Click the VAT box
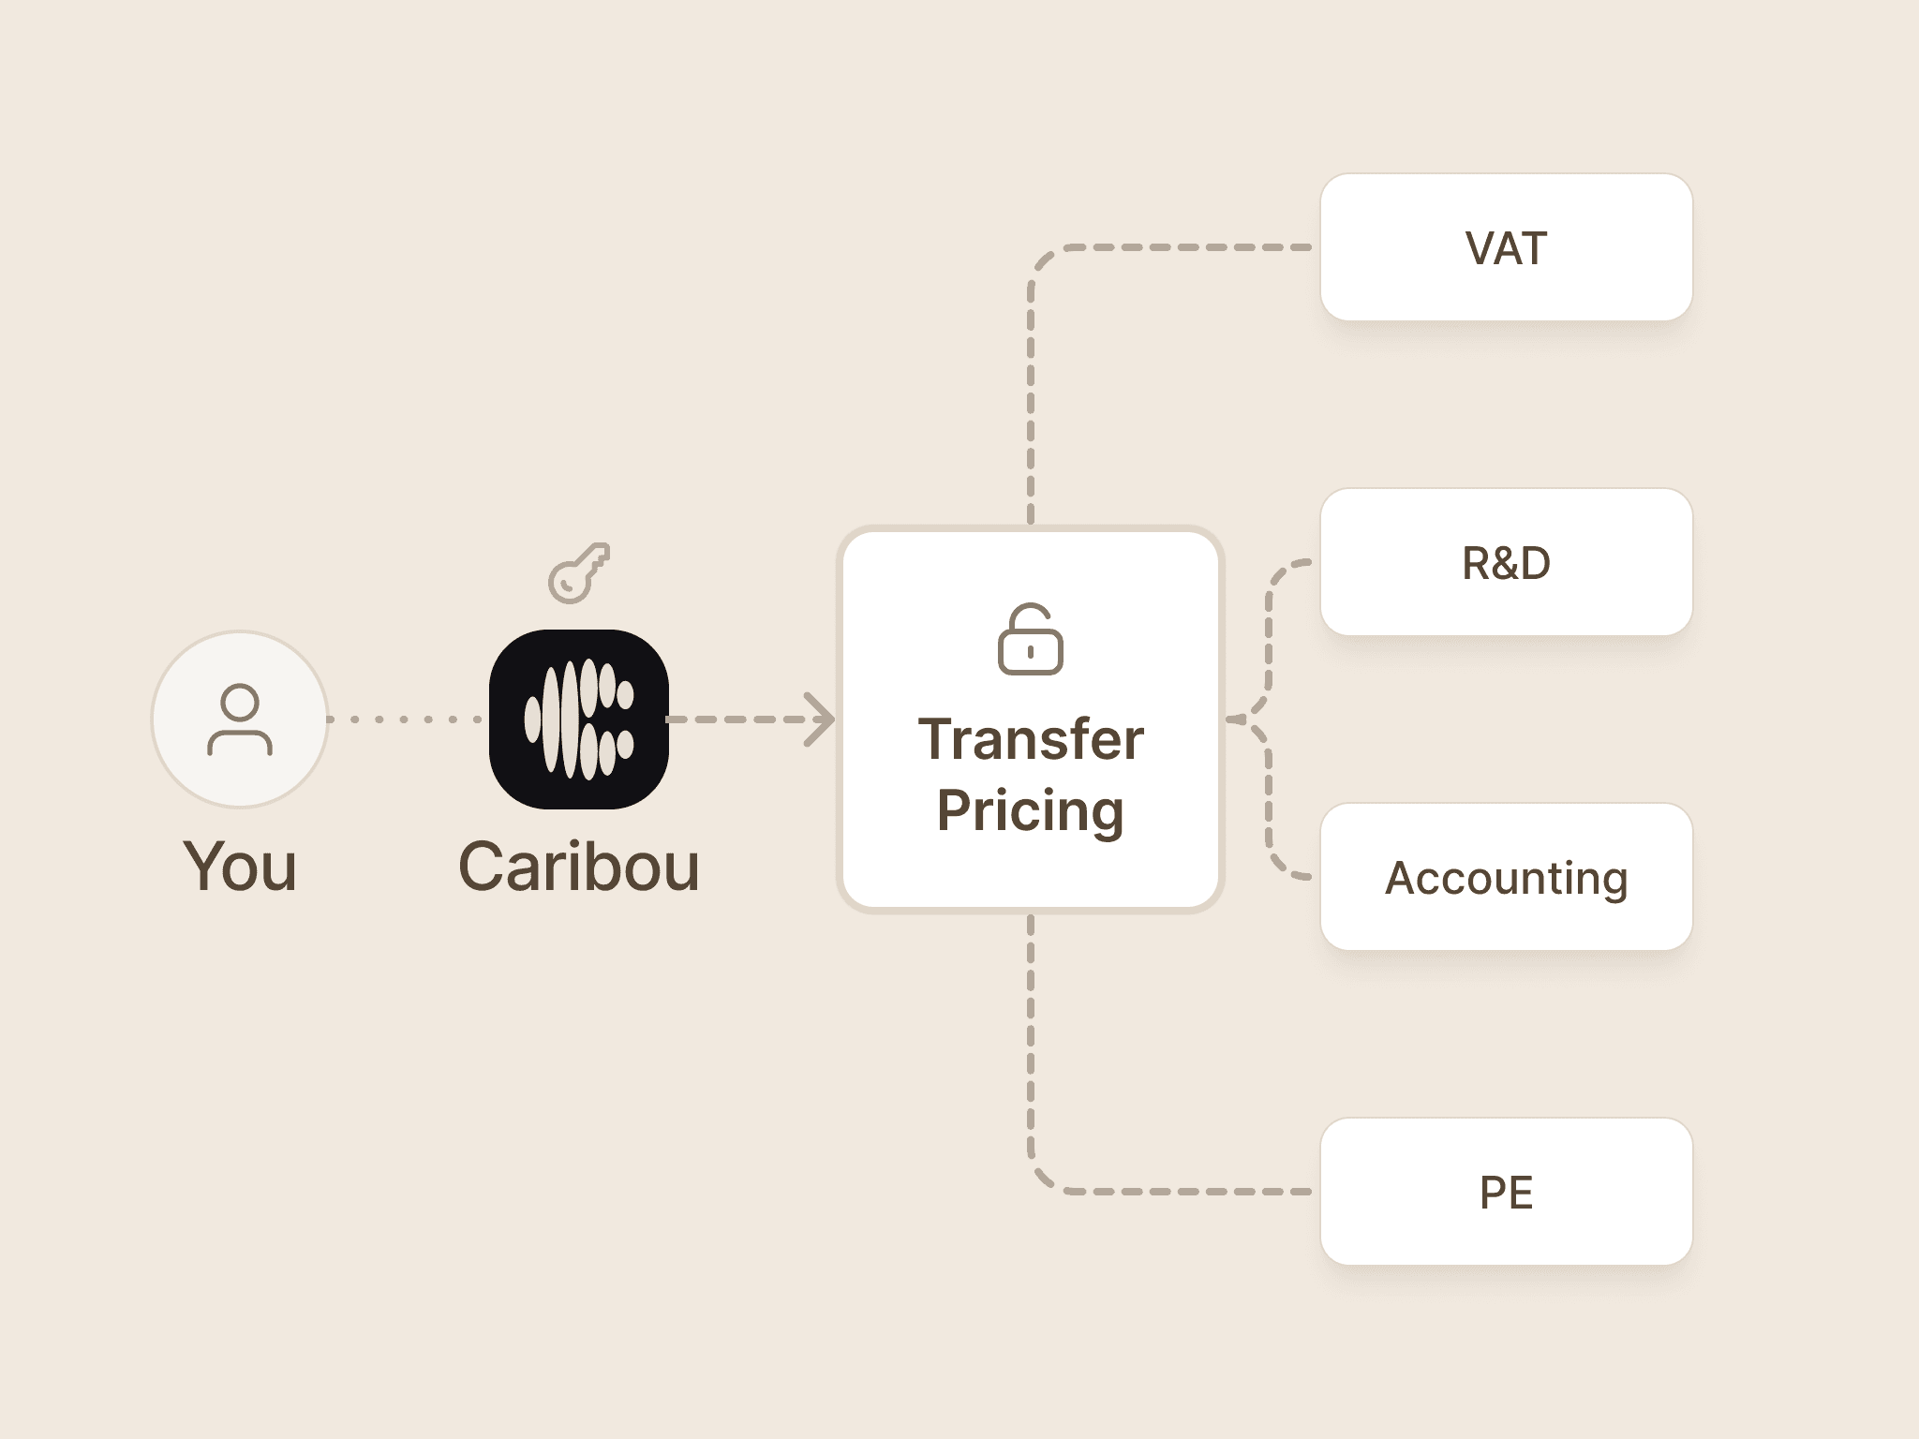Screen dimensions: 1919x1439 [x=1506, y=247]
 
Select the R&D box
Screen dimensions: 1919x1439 [x=1506, y=562]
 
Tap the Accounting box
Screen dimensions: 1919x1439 [x=1506, y=877]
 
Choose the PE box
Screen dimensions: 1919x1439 [x=1506, y=1192]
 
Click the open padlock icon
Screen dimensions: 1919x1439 [x=1031, y=639]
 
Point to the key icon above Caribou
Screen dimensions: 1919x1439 [x=578, y=572]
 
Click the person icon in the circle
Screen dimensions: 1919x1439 [x=240, y=719]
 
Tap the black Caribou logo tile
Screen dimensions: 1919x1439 [x=579, y=719]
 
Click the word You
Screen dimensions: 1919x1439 [x=241, y=867]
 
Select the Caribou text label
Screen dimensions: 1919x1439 [x=579, y=867]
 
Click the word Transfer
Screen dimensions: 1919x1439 [x=1031, y=739]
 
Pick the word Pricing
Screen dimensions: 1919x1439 [x=1031, y=811]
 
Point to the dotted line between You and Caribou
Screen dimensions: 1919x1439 [x=406, y=719]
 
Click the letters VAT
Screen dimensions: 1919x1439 [x=1506, y=248]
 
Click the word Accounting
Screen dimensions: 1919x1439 [x=1506, y=879]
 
